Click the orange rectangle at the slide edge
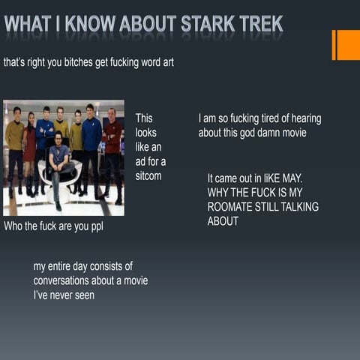(346, 45)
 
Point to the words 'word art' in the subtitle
(155, 62)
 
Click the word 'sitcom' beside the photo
(148, 175)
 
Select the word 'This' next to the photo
(144, 118)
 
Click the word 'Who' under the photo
(14, 226)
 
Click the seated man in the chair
(58, 167)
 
